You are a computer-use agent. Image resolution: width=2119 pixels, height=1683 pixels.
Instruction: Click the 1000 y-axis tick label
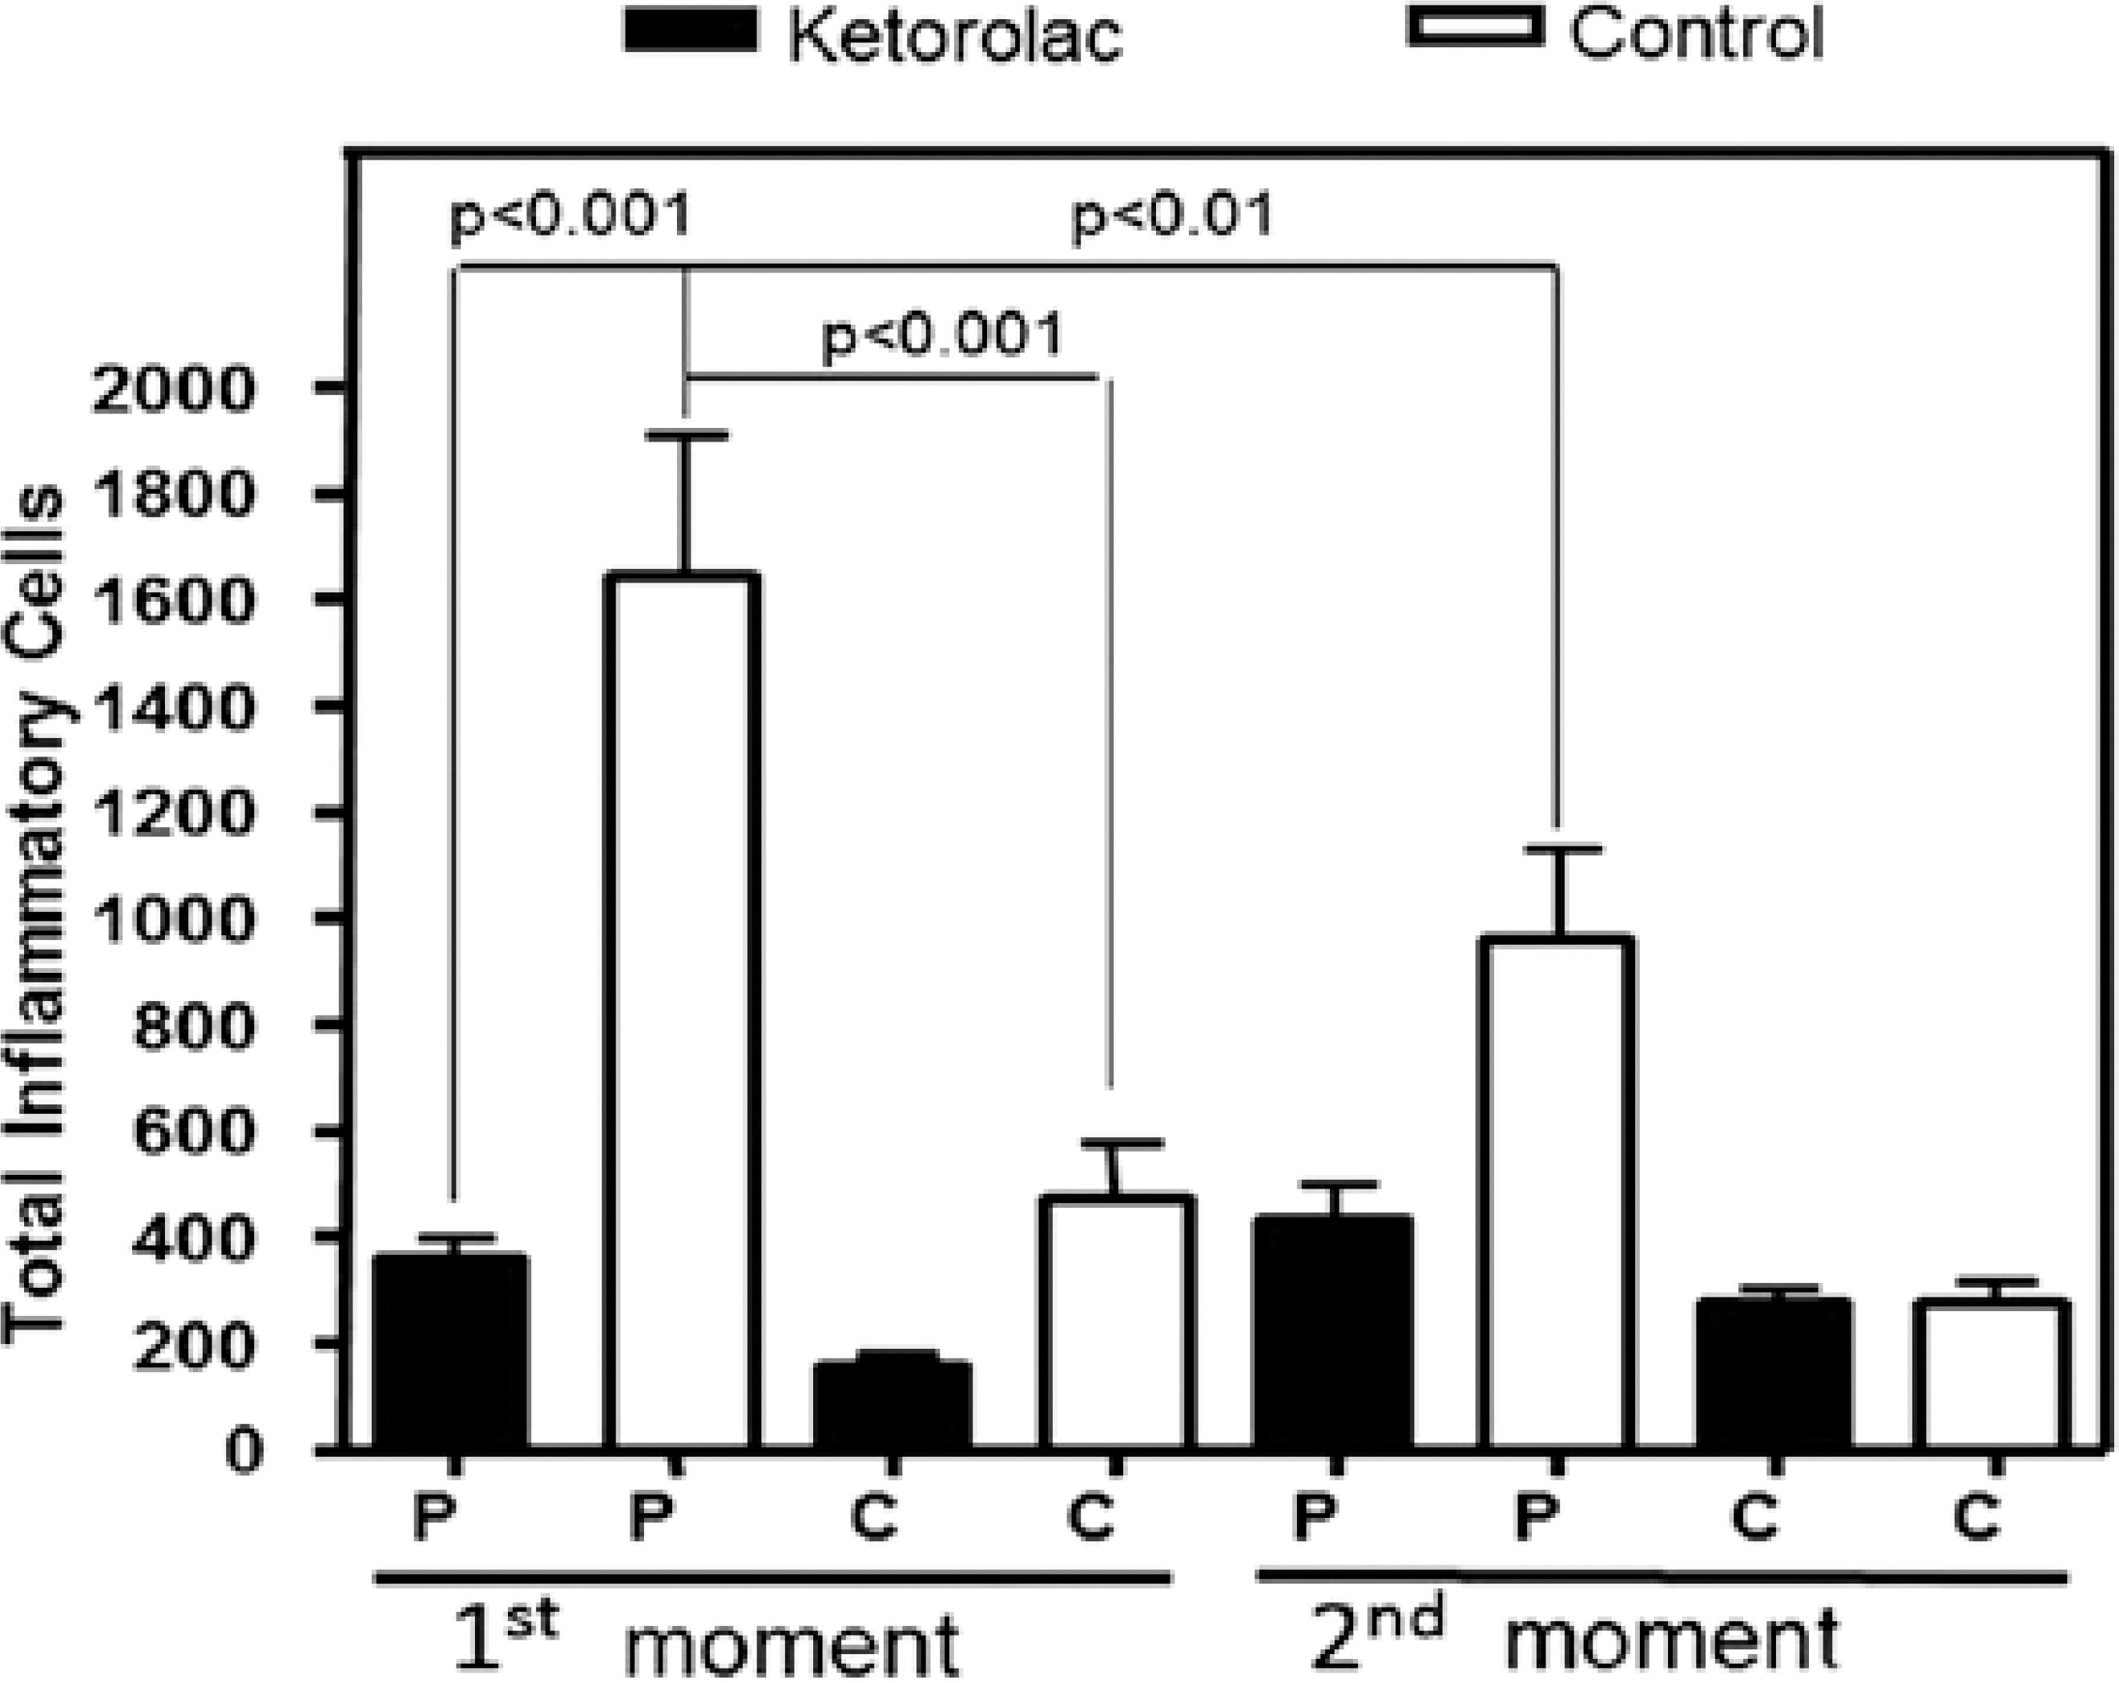pyautogui.click(x=173, y=920)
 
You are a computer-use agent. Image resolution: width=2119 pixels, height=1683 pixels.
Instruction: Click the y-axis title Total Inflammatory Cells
pyautogui.click(x=35, y=914)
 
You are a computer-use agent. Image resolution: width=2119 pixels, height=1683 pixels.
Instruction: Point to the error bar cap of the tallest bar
pyautogui.click(x=685, y=434)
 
